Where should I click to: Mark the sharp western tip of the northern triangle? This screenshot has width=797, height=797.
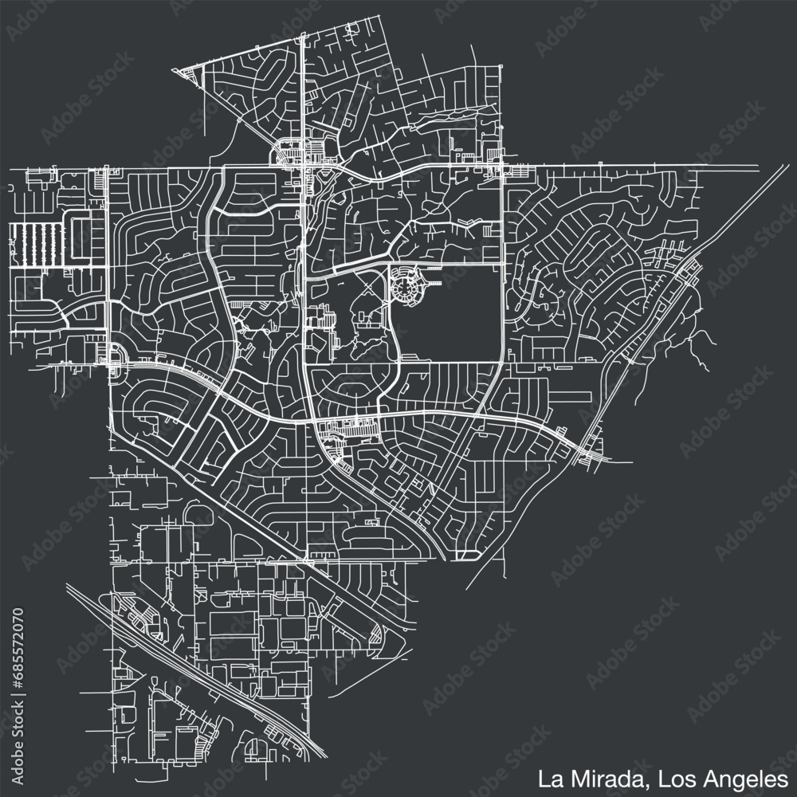tap(183, 71)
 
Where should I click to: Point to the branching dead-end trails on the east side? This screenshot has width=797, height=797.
tap(701, 343)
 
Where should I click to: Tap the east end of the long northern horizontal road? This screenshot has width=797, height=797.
tap(757, 167)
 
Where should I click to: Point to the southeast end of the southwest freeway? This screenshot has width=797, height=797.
tap(324, 755)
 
